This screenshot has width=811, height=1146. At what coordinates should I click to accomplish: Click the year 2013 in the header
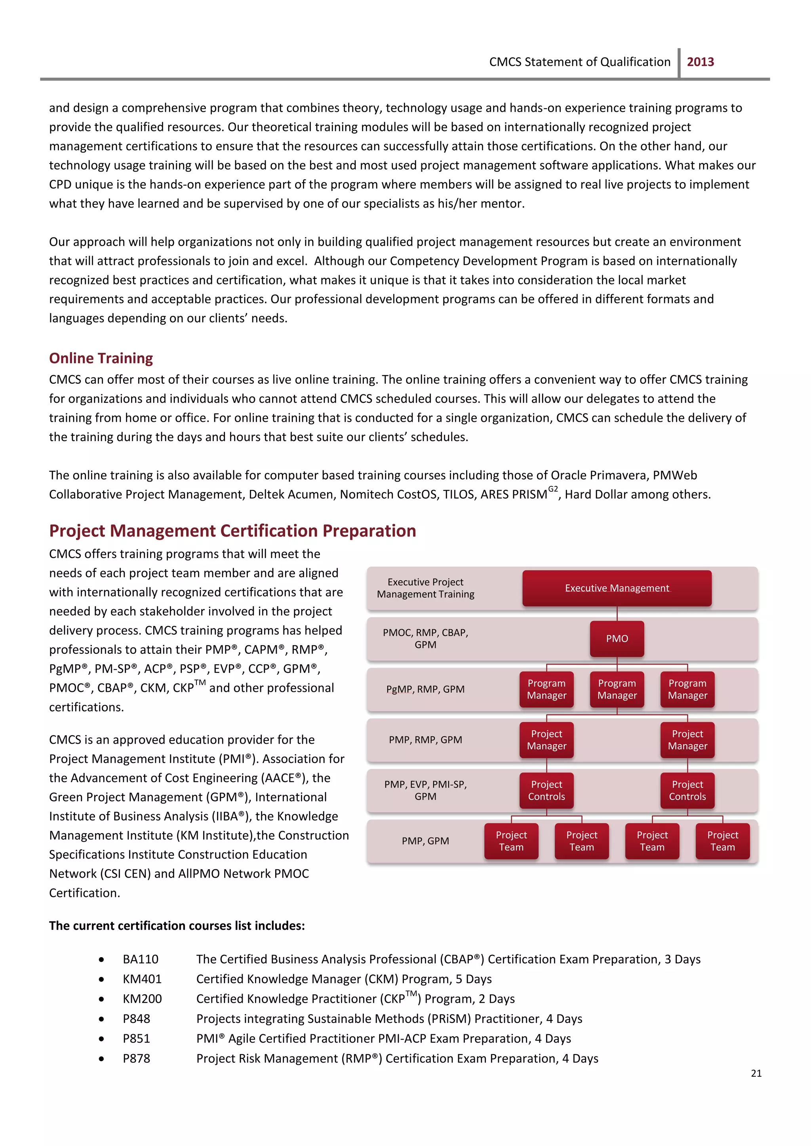700,62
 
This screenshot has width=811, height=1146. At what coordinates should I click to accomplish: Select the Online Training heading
101,358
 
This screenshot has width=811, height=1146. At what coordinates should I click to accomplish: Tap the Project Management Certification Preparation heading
232,530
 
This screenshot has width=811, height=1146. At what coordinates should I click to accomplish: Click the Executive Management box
617,588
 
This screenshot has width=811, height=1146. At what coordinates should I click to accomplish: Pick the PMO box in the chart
617,639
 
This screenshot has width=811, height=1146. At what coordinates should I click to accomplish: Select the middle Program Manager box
617,689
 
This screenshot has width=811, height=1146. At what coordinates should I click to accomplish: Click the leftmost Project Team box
511,841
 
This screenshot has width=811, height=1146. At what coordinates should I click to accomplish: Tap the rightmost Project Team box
722,841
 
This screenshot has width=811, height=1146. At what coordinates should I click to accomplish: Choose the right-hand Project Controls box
687,790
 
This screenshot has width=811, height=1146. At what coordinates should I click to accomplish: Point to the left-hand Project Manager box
546,740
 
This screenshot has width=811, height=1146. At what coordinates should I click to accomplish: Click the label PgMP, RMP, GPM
425,689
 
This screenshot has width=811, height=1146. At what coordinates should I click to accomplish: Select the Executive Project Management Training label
425,588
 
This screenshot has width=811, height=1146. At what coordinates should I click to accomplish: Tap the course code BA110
140,959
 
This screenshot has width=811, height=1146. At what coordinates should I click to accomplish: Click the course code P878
136,1058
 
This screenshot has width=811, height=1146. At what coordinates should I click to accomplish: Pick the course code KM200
142,999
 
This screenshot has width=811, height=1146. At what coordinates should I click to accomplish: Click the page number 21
756,1073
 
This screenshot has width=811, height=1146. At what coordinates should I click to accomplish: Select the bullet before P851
101,1039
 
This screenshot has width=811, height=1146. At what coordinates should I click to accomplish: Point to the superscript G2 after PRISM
553,489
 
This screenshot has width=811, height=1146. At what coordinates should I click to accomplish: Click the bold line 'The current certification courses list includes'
177,926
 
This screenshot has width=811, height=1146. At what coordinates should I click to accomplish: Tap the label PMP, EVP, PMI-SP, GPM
425,790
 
